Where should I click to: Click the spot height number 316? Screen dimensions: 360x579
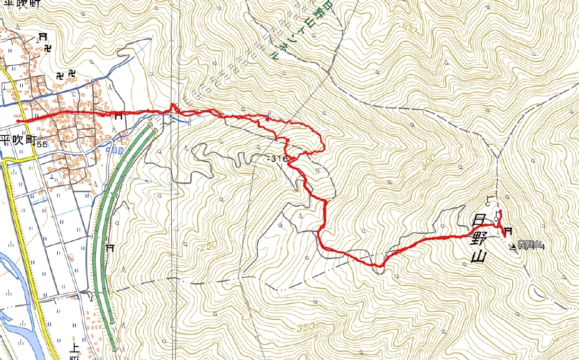[x=279, y=159]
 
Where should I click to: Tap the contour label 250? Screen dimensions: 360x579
[x=209, y=247]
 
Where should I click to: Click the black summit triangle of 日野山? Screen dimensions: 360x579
[x=513, y=246]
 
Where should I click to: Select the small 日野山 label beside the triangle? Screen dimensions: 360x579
[x=529, y=244]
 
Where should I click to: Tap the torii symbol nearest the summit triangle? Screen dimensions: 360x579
[x=508, y=231]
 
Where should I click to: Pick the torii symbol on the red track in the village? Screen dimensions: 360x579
[x=118, y=117]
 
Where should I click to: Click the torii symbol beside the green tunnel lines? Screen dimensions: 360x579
[x=110, y=248]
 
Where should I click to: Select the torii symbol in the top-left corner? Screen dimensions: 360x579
[x=42, y=37]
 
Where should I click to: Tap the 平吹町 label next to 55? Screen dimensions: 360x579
[x=18, y=141]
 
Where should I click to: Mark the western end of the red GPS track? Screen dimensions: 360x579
[x=18, y=121]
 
